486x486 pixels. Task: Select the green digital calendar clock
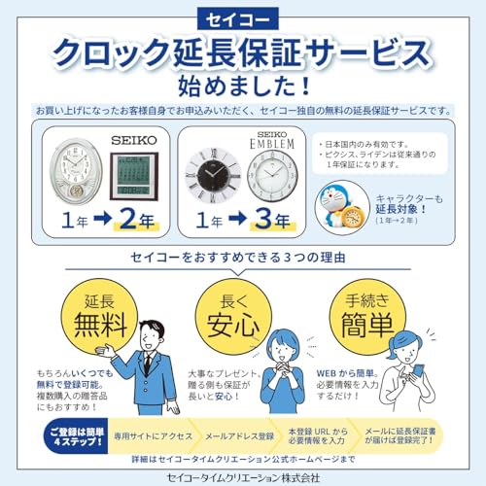134,175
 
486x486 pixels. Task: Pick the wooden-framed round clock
269,175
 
